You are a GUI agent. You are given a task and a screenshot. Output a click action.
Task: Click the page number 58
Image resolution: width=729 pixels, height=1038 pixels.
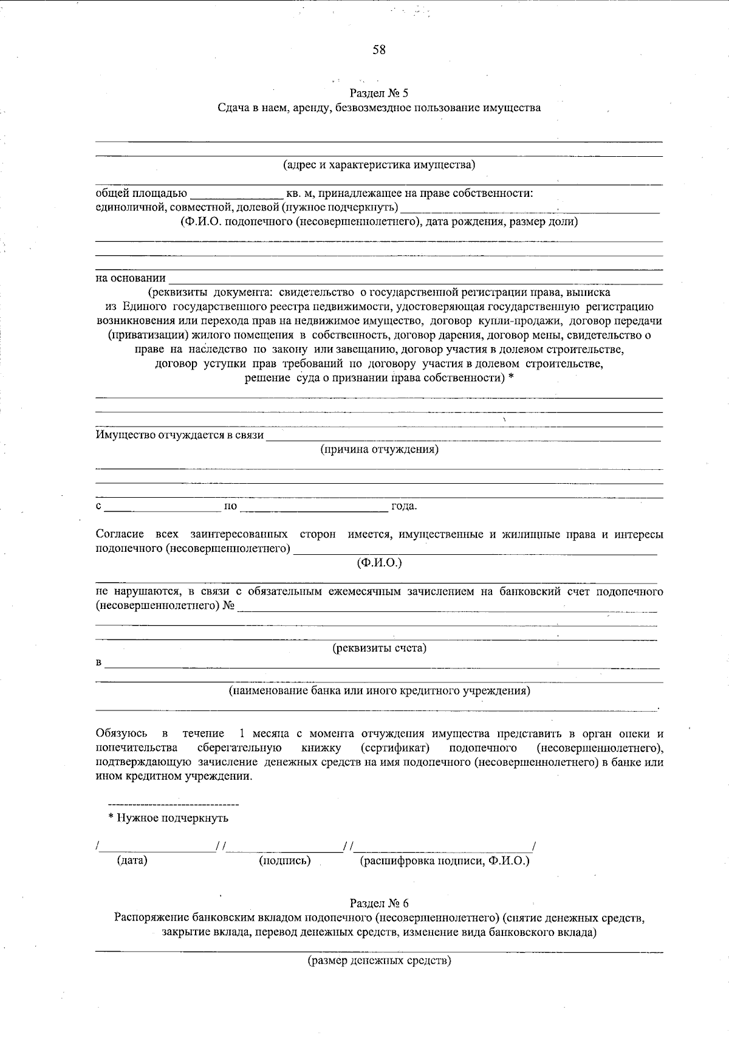tap(379, 50)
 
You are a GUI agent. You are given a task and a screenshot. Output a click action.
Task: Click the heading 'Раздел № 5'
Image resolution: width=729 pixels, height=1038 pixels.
tap(380, 94)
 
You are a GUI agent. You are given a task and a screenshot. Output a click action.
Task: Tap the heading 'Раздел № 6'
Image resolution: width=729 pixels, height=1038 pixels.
tap(379, 902)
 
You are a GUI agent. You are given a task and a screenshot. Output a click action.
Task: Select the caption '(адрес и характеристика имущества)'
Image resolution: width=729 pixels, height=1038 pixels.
tap(379, 165)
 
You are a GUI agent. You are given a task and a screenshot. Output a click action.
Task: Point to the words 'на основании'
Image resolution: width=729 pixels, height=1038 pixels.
tap(131, 278)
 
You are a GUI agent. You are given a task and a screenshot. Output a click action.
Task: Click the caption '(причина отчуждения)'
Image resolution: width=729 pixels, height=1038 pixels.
tap(379, 450)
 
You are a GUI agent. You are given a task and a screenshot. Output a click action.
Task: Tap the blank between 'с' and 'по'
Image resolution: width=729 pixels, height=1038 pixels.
tap(163, 506)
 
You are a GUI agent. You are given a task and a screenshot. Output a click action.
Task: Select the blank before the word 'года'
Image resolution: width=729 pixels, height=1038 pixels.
tap(315, 506)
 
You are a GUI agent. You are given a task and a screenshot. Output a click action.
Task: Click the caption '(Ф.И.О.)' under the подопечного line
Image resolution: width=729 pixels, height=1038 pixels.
tap(379, 563)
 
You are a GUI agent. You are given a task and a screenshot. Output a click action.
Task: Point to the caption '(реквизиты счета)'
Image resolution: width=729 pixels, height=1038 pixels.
tap(379, 648)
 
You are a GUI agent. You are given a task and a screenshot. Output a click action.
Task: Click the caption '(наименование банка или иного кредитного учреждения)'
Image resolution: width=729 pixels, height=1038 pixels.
tap(379, 691)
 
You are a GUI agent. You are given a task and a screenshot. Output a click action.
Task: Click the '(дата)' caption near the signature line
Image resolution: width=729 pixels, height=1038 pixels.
tap(132, 861)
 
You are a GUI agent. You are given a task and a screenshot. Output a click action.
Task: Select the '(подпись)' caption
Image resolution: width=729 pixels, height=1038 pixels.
tap(285, 861)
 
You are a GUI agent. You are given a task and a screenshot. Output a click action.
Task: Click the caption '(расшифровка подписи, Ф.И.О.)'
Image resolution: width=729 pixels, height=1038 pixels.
tap(445, 861)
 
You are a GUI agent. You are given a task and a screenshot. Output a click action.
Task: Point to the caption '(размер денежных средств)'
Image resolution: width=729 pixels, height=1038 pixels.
tap(379, 961)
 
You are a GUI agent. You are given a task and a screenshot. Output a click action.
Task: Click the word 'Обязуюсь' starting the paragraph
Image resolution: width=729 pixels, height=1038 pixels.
tap(122, 734)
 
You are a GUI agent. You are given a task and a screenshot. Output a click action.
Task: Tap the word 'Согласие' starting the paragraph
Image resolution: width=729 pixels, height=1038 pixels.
tap(120, 534)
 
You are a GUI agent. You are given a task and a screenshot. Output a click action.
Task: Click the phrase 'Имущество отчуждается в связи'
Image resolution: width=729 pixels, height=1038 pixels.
tap(180, 435)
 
